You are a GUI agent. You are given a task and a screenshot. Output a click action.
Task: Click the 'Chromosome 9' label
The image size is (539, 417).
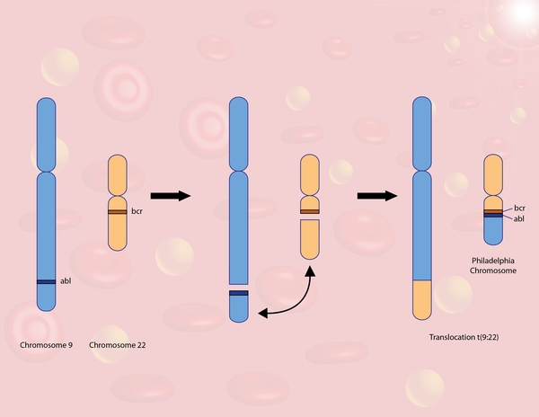pos(46,346)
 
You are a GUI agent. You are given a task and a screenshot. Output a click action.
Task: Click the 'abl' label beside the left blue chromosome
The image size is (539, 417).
pos(66,281)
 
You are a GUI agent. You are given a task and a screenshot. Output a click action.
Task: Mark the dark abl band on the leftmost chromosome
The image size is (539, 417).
pos(47,283)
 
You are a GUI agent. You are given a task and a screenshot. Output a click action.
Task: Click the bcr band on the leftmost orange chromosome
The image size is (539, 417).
pos(118,212)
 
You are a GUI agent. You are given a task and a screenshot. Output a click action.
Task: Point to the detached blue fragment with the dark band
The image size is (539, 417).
pos(238,304)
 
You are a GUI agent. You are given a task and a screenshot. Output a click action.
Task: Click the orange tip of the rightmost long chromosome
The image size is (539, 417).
pos(422,300)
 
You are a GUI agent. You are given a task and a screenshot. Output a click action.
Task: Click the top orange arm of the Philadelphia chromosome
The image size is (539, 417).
pos(492,173)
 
